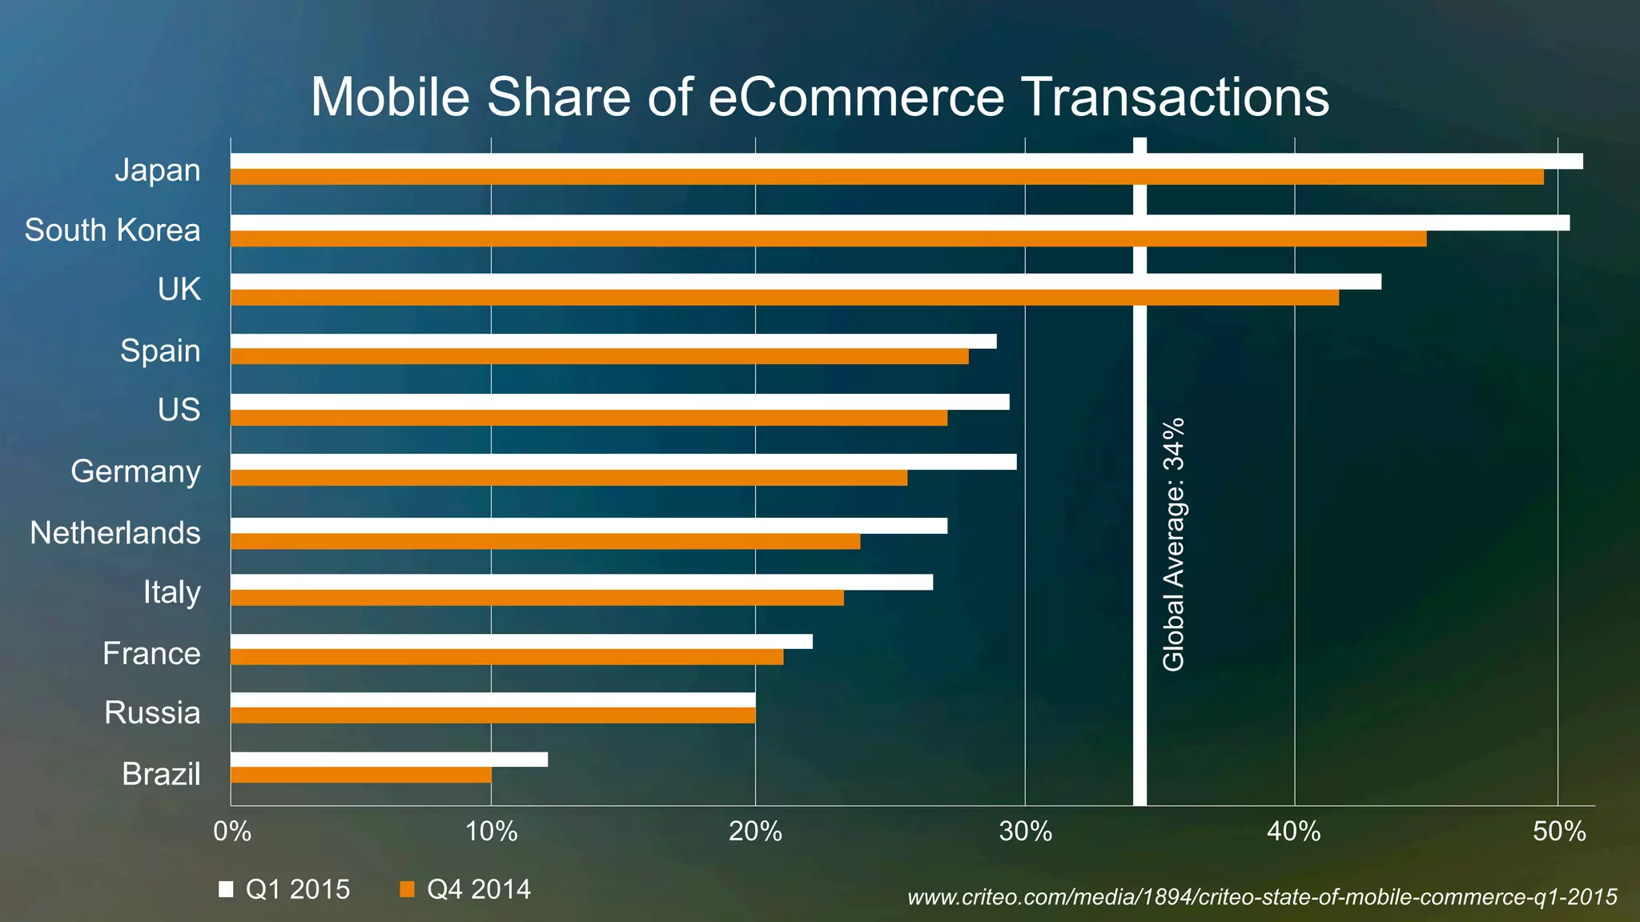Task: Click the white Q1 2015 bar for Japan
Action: click(905, 161)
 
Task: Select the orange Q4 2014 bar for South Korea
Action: click(828, 239)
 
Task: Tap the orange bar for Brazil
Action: click(360, 775)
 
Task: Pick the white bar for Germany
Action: click(623, 462)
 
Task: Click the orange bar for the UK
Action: click(785, 298)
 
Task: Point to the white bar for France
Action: click(521, 641)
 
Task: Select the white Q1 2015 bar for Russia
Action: click(492, 700)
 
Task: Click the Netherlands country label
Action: click(115, 533)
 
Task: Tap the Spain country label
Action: click(160, 351)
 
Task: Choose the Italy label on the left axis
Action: click(171, 592)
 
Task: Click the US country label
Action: click(179, 410)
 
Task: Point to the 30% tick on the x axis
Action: click(1025, 832)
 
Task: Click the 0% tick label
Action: click(232, 832)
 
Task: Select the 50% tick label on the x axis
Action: click(1558, 832)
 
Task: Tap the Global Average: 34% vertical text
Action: click(1173, 544)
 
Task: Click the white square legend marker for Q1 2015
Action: click(226, 889)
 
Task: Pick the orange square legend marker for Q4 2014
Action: click(407, 889)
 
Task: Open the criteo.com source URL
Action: click(1262, 897)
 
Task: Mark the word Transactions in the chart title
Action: click(1176, 97)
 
